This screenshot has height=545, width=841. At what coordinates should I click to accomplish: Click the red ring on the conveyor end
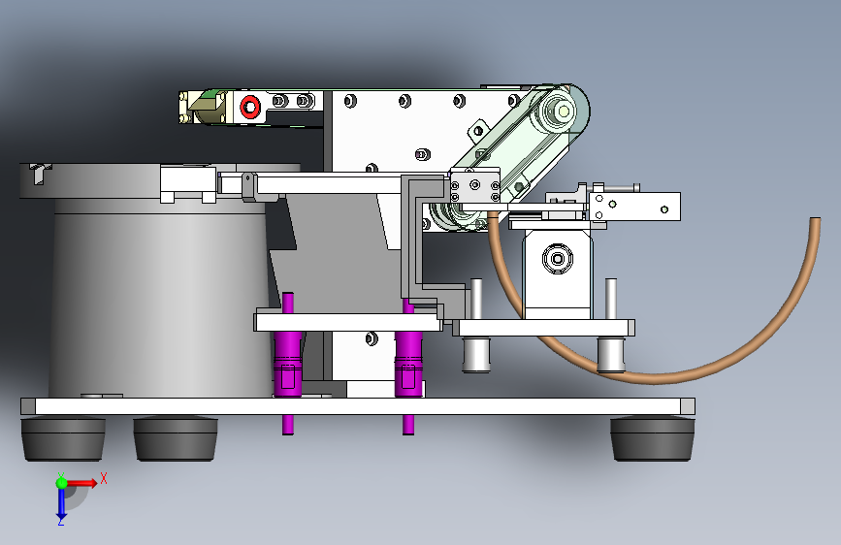click(x=250, y=107)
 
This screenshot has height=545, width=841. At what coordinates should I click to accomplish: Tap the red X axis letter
click(x=104, y=478)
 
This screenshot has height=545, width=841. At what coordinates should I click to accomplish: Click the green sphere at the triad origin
click(x=62, y=483)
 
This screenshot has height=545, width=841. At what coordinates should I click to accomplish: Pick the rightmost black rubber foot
click(x=652, y=439)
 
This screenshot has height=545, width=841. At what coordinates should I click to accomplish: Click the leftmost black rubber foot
click(x=63, y=439)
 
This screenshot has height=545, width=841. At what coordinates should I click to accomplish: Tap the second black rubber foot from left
click(x=176, y=439)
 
